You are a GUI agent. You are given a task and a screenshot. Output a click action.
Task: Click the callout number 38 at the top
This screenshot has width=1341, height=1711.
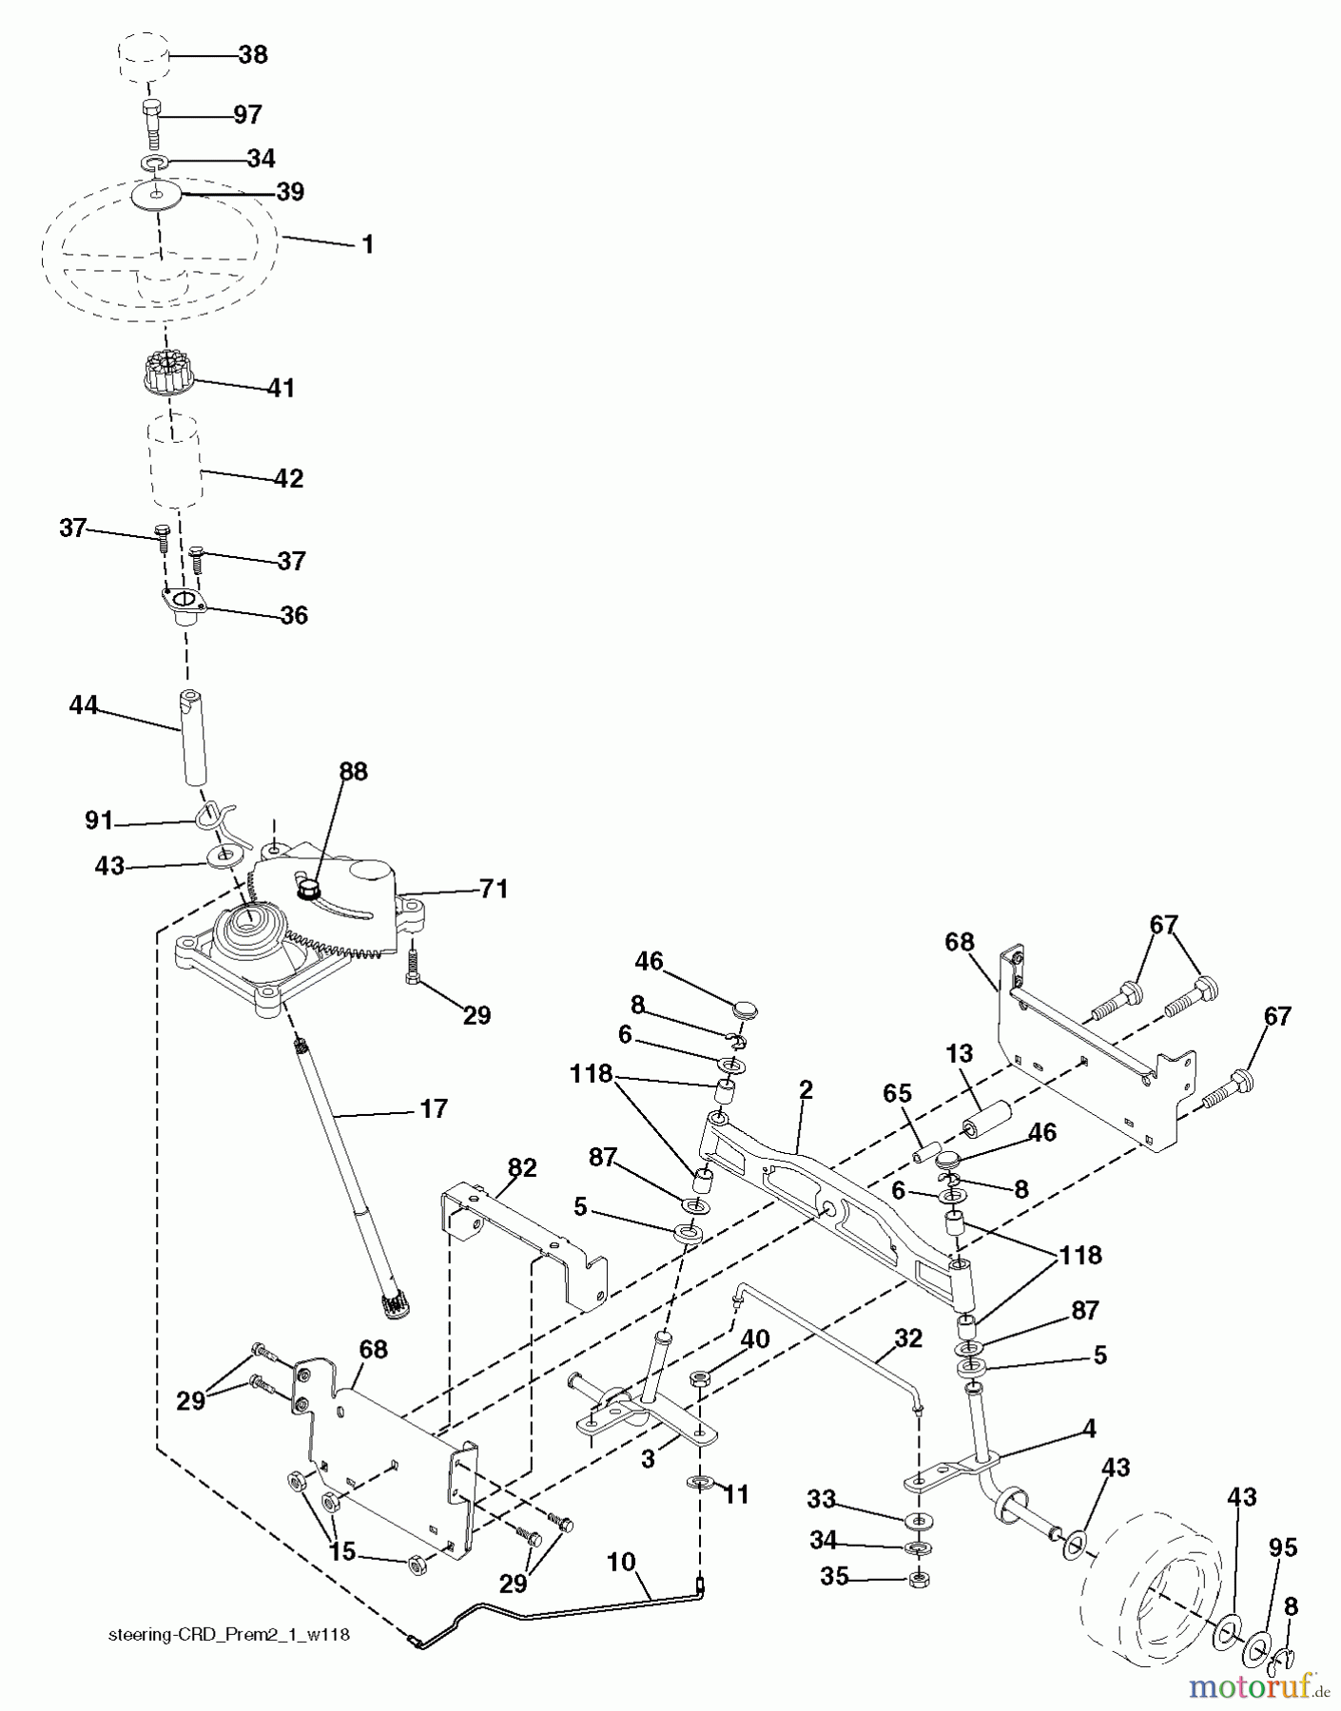coord(253,55)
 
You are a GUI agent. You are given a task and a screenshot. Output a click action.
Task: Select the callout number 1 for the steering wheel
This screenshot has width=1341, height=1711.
coord(367,244)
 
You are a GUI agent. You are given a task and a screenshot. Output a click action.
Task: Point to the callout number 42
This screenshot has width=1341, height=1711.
coord(288,478)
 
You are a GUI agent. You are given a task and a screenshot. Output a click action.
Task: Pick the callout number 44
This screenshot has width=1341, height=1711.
coord(84,705)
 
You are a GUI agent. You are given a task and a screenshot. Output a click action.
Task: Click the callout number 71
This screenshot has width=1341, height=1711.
coord(493,889)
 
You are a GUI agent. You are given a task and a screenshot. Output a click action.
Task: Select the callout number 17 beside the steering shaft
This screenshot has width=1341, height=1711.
coord(434,1108)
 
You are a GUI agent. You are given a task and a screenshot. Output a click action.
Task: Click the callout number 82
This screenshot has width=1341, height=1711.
coord(522,1168)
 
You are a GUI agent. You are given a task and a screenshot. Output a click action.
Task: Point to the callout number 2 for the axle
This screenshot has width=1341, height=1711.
coord(806,1090)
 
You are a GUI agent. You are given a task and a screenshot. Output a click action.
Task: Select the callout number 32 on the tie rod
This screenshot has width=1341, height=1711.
coord(908,1338)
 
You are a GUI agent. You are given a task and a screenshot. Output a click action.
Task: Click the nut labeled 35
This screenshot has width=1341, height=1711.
coord(919,1580)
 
